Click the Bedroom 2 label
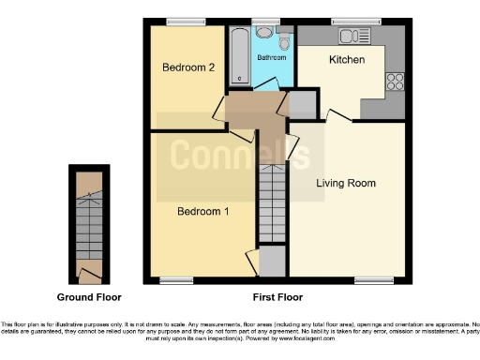click(189, 67)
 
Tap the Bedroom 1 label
click(203, 211)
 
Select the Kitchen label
click(346, 60)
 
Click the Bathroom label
click(272, 58)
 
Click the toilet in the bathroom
click(284, 41)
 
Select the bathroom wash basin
click(265, 34)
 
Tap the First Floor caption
click(277, 297)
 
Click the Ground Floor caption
click(89, 297)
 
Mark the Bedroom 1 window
click(174, 279)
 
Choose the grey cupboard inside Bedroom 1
click(272, 260)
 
